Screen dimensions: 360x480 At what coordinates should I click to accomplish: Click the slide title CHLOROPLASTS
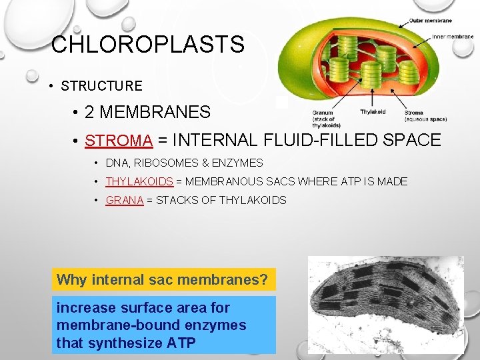(147, 45)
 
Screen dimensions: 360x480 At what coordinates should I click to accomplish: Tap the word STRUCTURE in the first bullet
(101, 86)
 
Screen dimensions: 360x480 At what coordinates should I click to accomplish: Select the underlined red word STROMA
(119, 140)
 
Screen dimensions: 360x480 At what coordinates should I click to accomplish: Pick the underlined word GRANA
(125, 200)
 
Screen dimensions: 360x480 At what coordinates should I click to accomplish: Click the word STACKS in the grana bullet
(178, 200)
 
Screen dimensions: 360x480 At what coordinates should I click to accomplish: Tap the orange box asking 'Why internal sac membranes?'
(163, 279)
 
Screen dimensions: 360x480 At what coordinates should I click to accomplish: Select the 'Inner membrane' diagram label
(453, 36)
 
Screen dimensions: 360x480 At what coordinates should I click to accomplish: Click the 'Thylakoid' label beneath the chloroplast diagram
(373, 112)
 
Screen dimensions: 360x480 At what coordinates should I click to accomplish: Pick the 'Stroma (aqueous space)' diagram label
(425, 116)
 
